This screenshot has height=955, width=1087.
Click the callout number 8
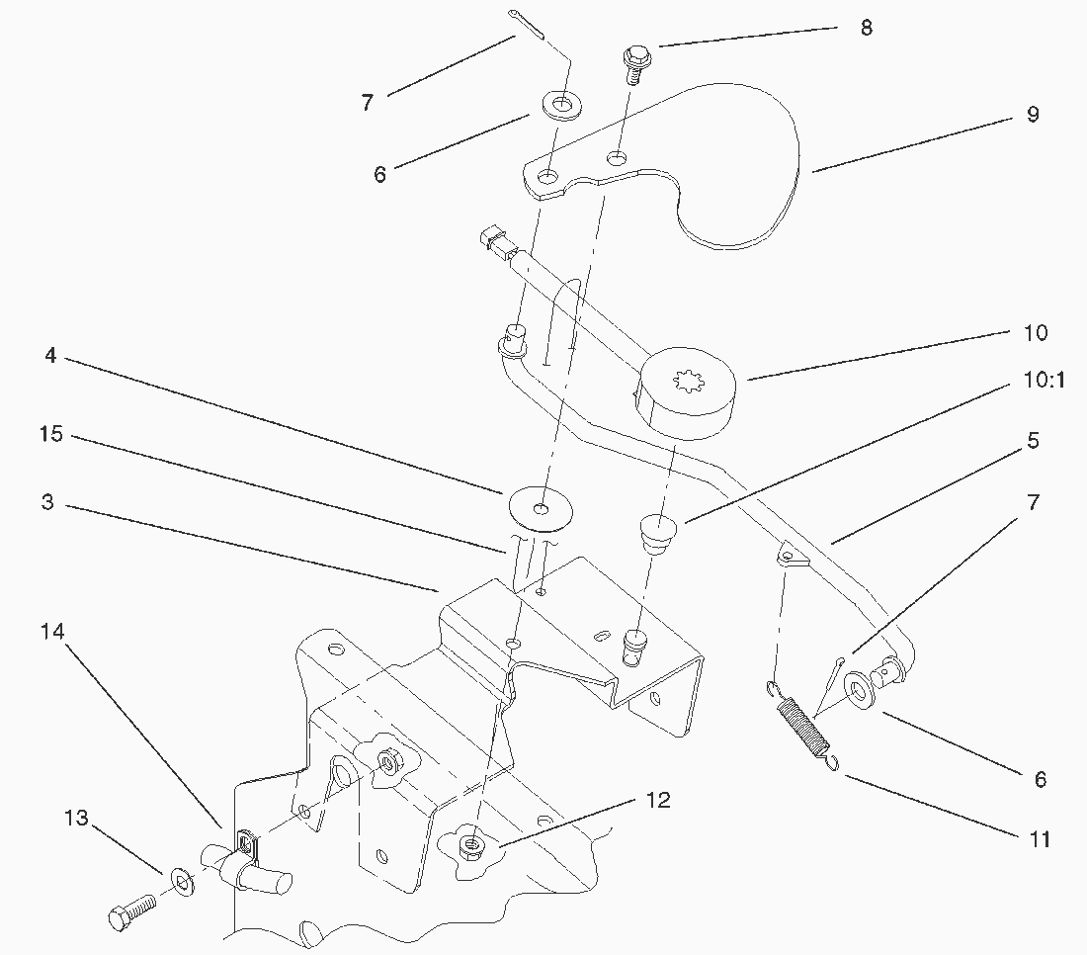point(867,28)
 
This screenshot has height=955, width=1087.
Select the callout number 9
point(1033,115)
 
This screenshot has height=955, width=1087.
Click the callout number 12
point(657,800)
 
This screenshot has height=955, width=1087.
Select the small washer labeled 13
point(183,877)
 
